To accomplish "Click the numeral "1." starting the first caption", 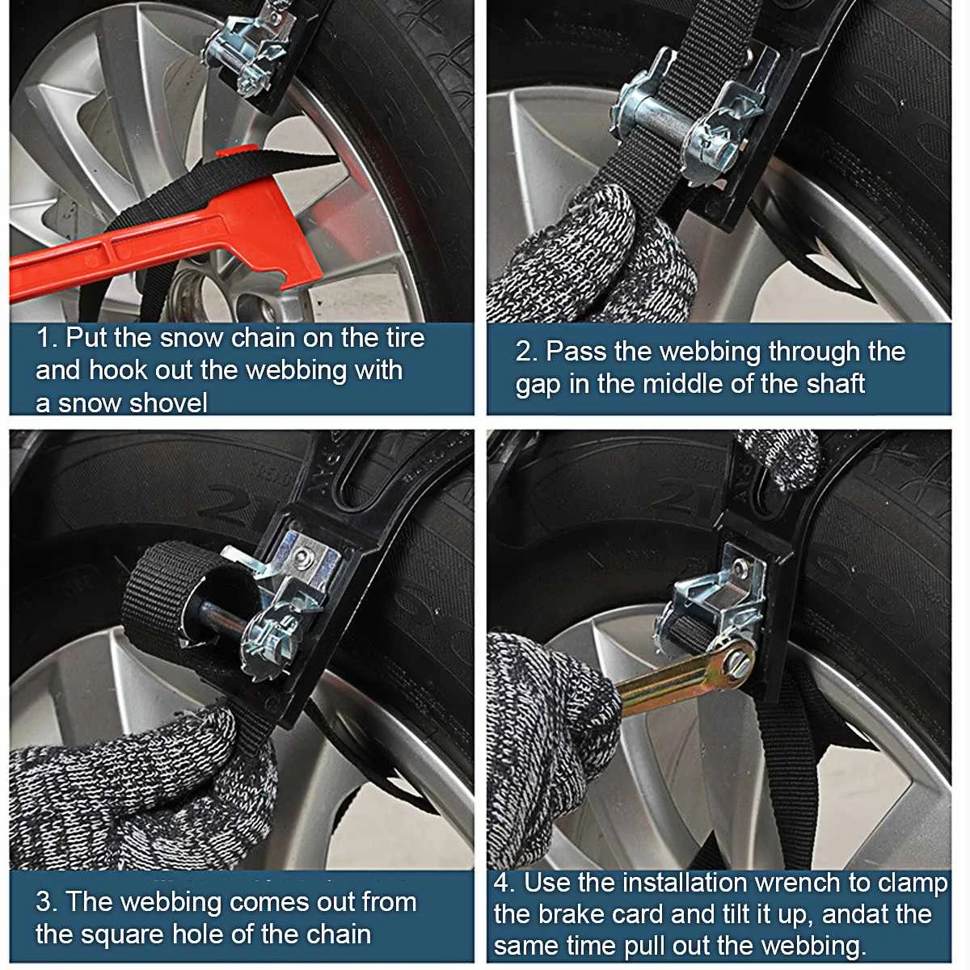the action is click(x=47, y=337).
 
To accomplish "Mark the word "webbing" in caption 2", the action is click(x=711, y=352).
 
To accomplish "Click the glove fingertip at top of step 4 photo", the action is click(x=778, y=456).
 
